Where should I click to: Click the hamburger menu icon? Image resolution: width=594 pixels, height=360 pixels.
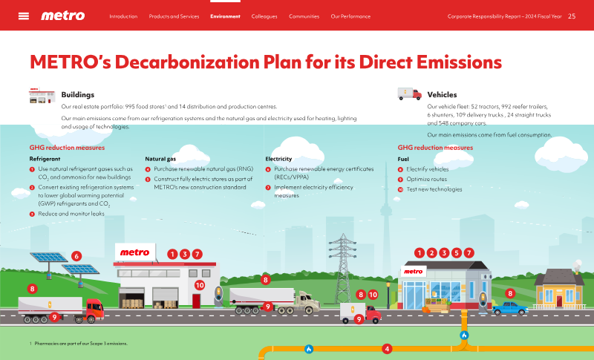click(24, 16)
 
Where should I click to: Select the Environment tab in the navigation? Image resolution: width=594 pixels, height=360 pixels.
click(225, 16)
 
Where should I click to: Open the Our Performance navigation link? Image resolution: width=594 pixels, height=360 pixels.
click(350, 16)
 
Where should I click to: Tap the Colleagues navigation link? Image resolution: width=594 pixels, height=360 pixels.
click(264, 16)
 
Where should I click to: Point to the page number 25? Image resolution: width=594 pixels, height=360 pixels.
click(572, 16)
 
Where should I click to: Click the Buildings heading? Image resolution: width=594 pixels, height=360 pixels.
click(78, 94)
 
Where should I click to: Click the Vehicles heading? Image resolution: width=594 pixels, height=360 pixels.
click(442, 94)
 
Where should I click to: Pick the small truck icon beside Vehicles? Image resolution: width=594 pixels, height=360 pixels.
click(410, 94)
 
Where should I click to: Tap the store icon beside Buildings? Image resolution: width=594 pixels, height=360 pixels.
click(42, 96)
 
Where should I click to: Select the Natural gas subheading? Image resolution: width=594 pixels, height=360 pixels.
click(160, 159)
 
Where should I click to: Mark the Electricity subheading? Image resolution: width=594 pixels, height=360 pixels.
click(278, 159)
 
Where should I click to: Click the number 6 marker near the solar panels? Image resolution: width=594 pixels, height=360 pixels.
click(76, 256)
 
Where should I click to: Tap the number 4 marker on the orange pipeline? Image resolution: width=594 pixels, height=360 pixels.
click(386, 349)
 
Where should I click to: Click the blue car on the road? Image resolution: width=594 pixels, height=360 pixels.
click(510, 308)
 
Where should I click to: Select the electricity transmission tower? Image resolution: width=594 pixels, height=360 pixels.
click(342, 269)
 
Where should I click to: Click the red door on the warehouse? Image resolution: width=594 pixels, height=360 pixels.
click(196, 301)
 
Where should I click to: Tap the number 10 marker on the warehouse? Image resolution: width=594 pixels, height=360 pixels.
click(199, 286)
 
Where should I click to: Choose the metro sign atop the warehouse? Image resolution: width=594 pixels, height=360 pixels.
click(135, 252)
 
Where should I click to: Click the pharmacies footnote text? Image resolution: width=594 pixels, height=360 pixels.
click(79, 344)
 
